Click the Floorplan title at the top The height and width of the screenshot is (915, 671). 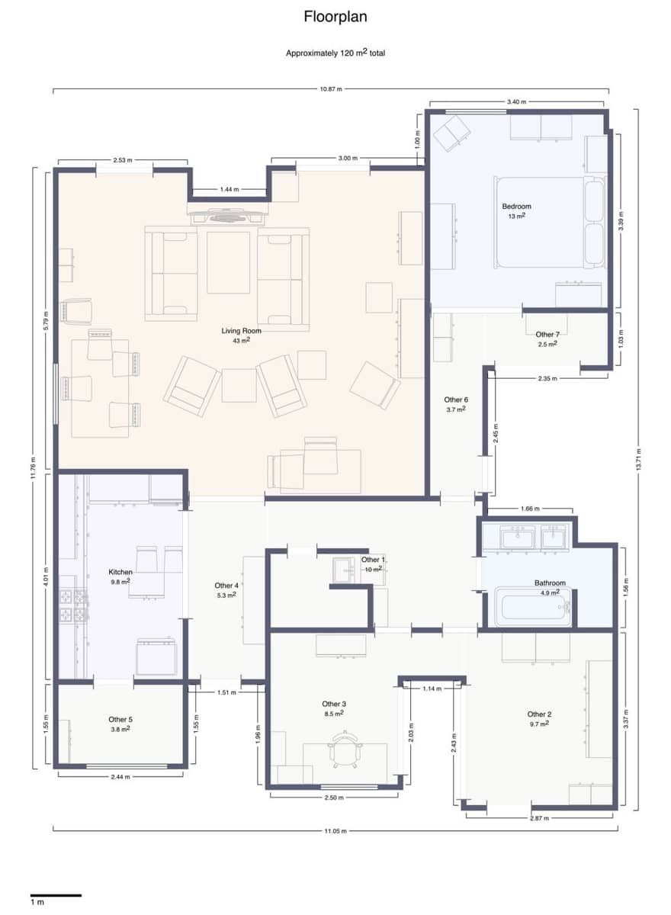[x=335, y=16]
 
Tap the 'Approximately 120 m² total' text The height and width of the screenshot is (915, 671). [x=335, y=53]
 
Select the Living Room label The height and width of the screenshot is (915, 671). [x=242, y=331]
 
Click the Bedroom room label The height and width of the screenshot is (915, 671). [x=516, y=207]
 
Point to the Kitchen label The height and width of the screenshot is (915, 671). [x=120, y=572]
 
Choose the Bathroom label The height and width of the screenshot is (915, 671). [x=549, y=583]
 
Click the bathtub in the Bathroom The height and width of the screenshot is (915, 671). [x=532, y=607]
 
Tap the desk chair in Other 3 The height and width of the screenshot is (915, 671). [x=344, y=750]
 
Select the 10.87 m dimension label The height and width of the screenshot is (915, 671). [x=330, y=89]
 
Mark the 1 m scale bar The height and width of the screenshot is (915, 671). [x=56, y=894]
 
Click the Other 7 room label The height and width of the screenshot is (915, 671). [x=547, y=335]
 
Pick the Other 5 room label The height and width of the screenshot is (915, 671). [x=120, y=719]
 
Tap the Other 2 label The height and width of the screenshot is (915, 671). [x=539, y=714]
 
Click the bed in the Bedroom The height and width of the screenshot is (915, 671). [x=547, y=222]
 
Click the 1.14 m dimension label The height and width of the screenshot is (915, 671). [x=432, y=689]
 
